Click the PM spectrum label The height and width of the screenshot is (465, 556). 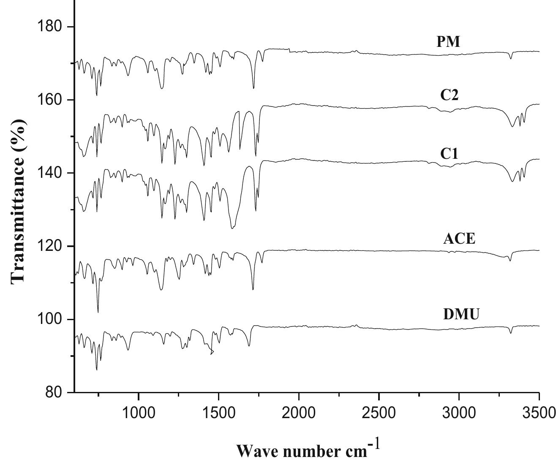[448, 42]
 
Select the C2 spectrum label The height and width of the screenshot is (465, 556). [449, 95]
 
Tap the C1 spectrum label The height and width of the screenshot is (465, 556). [449, 154]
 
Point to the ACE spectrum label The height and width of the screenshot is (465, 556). [459, 239]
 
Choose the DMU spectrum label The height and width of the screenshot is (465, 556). [461, 314]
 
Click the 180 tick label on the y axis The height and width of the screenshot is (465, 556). [50, 27]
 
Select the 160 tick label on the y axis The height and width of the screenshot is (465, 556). [50, 100]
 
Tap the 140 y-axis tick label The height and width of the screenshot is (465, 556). [50, 173]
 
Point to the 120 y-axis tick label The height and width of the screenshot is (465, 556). [50, 246]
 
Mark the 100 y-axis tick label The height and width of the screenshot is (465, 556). [50, 319]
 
